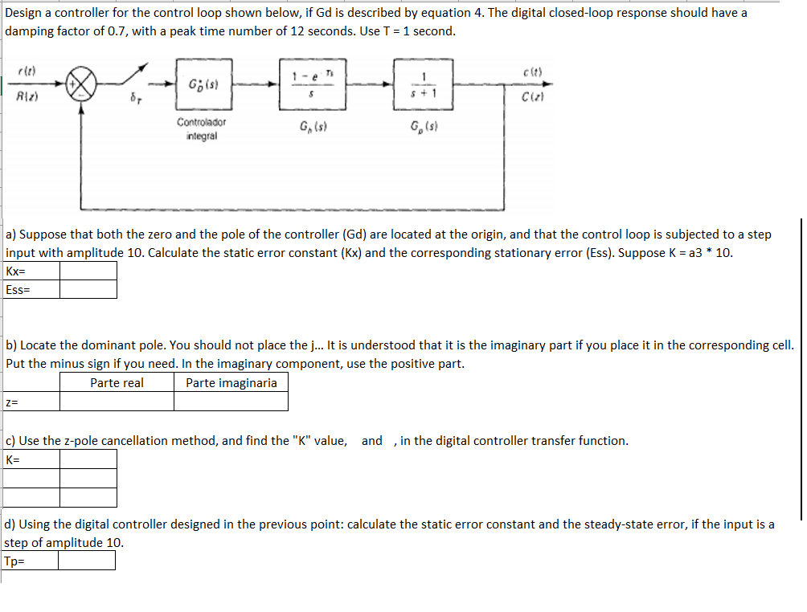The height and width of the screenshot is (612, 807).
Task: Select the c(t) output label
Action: click(532, 70)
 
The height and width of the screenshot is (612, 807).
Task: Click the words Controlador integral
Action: click(201, 129)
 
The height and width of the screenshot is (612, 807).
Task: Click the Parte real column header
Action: click(117, 383)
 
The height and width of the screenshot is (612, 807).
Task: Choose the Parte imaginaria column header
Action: click(231, 383)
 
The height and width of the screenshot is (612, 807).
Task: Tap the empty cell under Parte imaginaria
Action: click(231, 402)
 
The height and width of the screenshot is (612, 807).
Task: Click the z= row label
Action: click(12, 402)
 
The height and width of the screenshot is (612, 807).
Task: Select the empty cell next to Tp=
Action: click(85, 561)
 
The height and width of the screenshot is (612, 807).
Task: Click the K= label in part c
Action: click(14, 459)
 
